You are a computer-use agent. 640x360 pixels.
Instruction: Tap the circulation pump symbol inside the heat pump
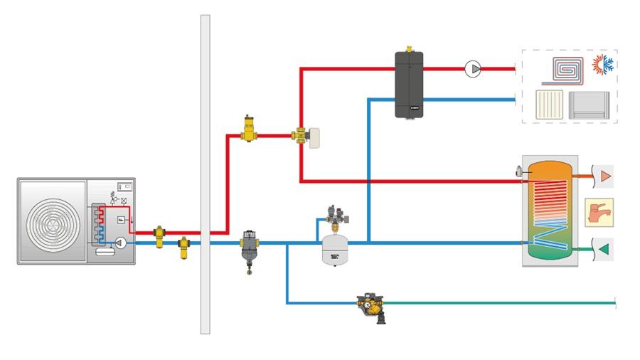coord(121,243)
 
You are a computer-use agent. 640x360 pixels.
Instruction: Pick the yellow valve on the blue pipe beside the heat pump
coord(183,248)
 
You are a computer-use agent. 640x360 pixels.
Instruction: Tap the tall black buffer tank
coord(409,84)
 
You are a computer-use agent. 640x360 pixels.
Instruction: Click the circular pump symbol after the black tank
coord(473,69)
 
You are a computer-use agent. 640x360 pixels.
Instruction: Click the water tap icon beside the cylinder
coord(599,212)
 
